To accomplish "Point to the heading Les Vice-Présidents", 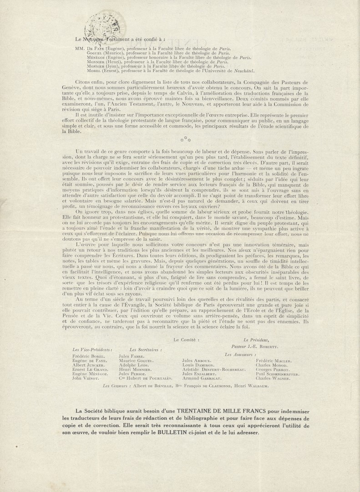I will tap(92, 349).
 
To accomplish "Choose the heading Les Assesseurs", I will tap(240, 354).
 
